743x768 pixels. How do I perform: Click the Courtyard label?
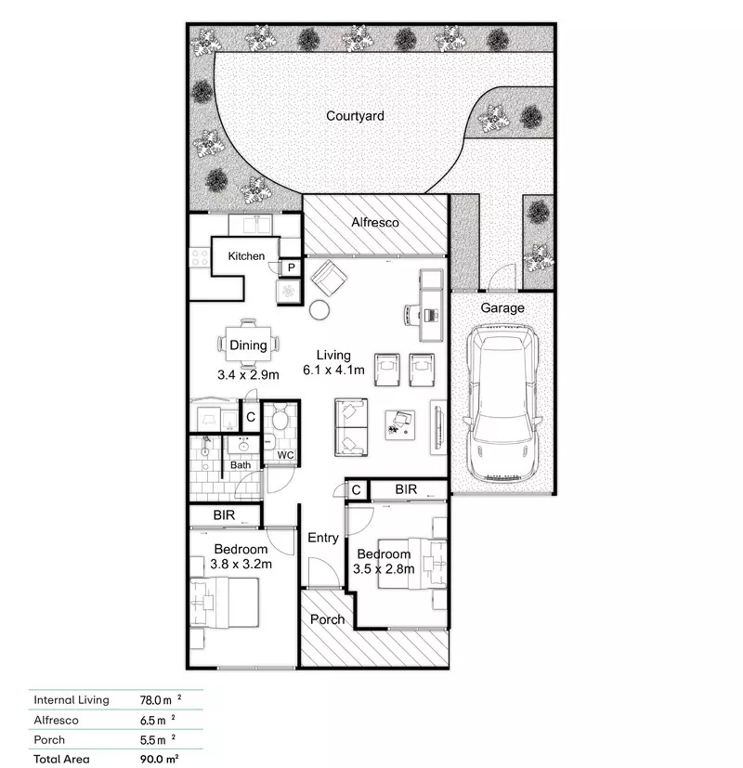click(355, 116)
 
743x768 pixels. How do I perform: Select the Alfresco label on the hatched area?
click(375, 223)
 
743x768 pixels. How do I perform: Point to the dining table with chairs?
click(248, 345)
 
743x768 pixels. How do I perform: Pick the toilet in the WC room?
click(280, 420)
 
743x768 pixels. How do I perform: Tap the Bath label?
click(241, 465)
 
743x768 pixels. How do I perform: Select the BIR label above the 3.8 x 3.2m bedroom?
click(224, 514)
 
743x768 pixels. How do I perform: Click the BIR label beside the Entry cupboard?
click(406, 488)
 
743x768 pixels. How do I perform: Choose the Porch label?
click(327, 619)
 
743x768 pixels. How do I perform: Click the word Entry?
click(323, 538)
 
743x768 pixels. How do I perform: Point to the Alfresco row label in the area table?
click(56, 720)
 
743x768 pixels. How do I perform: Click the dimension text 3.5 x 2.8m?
click(384, 569)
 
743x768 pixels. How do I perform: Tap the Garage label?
click(502, 307)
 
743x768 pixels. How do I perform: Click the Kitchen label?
click(246, 256)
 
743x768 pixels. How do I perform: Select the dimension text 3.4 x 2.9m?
click(247, 376)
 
